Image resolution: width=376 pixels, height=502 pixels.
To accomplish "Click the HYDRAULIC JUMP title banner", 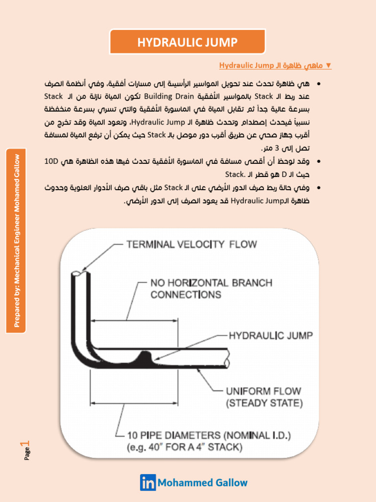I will click(x=188, y=42).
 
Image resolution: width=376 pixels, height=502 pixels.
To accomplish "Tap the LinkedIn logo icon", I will click(x=148, y=482).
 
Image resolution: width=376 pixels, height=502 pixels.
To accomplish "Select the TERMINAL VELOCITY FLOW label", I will click(x=191, y=244).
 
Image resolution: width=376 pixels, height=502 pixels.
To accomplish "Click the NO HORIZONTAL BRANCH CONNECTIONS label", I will click(x=211, y=289).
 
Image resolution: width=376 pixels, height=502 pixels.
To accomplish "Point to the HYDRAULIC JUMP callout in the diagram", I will click(x=271, y=336).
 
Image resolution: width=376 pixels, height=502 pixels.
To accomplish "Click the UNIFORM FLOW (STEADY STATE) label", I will click(x=263, y=398).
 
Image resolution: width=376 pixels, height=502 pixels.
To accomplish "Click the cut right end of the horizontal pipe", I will click(x=229, y=357).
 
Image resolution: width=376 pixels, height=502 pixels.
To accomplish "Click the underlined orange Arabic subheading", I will click(x=275, y=65).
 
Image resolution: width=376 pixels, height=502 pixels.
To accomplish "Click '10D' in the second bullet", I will click(x=52, y=161).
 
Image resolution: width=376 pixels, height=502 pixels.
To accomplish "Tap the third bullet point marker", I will click(x=319, y=188).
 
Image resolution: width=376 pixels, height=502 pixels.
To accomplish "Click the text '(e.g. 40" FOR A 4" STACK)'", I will click(x=185, y=447).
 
